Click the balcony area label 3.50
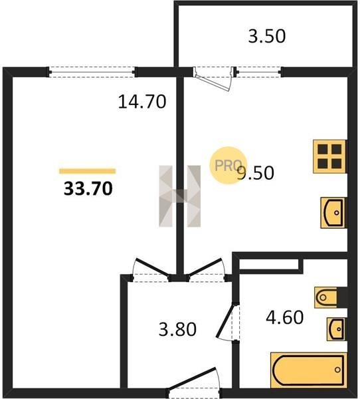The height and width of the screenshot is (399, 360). (x=267, y=36)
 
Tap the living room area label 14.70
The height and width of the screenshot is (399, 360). (x=142, y=102)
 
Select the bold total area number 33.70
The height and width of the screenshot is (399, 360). (x=88, y=189)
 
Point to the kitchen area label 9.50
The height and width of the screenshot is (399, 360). (x=256, y=173)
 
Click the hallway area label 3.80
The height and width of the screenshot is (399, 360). (x=177, y=329)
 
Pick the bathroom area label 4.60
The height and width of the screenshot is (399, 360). (x=285, y=317)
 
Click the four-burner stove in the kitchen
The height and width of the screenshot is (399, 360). (x=329, y=156)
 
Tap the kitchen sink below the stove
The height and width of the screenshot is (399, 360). (x=333, y=213)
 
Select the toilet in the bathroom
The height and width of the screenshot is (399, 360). (x=331, y=297)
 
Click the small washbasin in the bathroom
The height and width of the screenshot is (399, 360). (x=336, y=329)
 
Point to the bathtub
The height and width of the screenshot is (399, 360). (x=309, y=370)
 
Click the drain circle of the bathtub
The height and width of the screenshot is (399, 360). (x=337, y=370)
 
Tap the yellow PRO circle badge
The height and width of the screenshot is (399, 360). (x=228, y=166)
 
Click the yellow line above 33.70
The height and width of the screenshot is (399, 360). (x=88, y=171)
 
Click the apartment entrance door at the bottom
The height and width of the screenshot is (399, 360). (x=194, y=380)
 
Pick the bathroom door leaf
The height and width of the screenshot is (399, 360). (x=225, y=321)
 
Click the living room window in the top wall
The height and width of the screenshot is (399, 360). (x=92, y=72)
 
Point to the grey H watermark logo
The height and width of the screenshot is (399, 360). (x=180, y=196)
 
